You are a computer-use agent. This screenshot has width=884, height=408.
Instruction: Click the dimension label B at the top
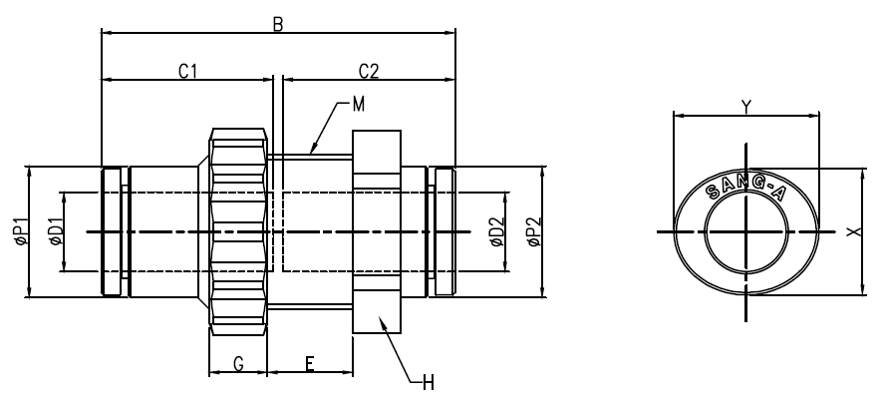point(277,24)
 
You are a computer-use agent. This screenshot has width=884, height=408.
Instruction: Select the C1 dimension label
point(187,71)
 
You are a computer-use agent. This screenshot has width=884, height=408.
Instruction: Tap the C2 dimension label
point(369,71)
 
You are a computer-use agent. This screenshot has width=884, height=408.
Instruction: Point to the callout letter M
point(359,105)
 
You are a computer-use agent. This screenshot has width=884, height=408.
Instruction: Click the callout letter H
point(429,384)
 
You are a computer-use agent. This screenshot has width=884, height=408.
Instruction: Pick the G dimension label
point(238,364)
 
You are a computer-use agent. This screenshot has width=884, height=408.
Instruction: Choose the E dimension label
point(310,364)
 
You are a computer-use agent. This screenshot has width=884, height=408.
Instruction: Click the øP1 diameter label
point(22,231)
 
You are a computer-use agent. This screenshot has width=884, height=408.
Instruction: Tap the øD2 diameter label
point(496,232)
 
